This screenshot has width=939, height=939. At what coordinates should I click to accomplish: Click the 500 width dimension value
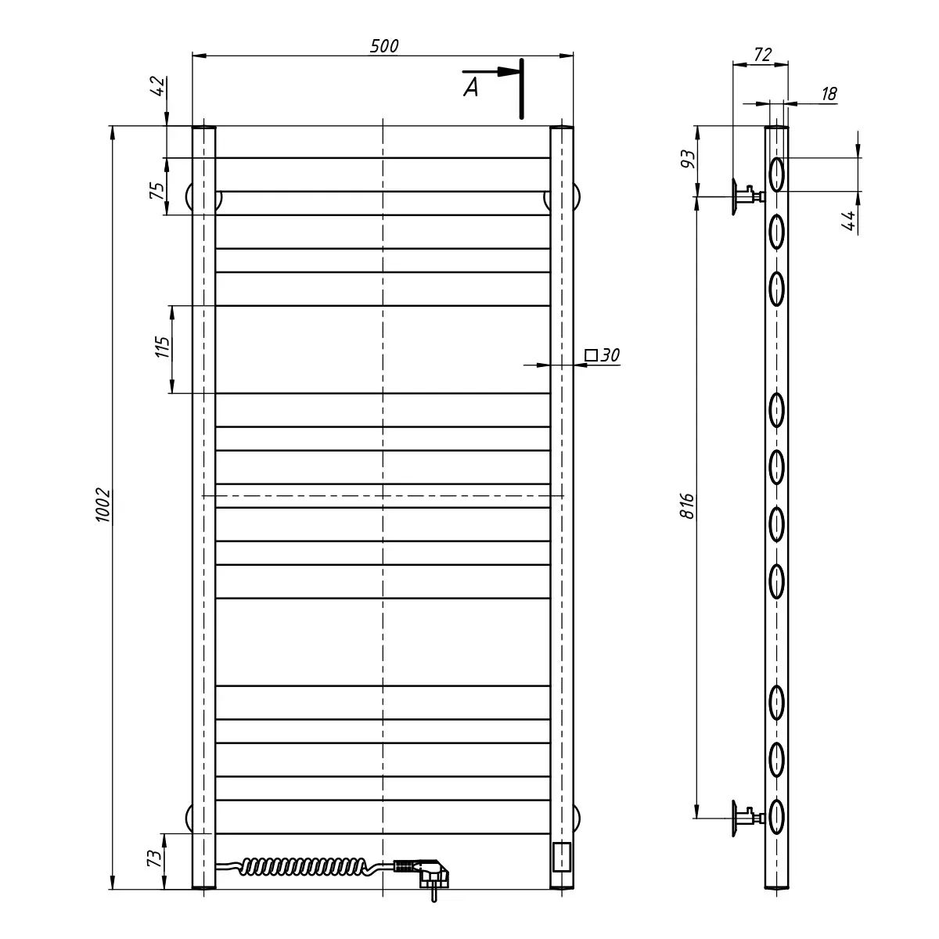click(x=384, y=46)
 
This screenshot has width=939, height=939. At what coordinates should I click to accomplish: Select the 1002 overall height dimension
click(x=103, y=505)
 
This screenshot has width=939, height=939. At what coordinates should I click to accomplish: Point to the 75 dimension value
click(x=157, y=190)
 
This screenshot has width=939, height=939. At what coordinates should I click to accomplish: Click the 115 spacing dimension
click(x=162, y=347)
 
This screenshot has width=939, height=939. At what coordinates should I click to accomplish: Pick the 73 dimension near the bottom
click(x=154, y=857)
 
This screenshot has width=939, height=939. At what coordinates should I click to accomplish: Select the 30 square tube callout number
click(x=610, y=355)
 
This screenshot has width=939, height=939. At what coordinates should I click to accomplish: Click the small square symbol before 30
click(x=591, y=355)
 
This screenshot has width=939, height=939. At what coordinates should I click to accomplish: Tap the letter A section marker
click(x=471, y=88)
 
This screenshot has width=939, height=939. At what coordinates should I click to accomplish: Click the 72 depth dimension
click(x=763, y=55)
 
